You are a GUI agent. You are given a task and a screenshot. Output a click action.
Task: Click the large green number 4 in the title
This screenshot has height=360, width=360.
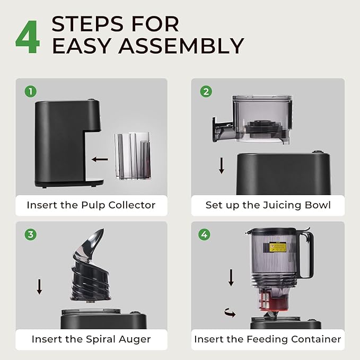point(28,37)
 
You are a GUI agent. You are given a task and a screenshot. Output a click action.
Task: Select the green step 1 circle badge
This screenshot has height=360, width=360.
point(31,92)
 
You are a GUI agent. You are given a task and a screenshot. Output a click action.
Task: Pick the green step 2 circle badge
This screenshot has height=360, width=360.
point(206,92)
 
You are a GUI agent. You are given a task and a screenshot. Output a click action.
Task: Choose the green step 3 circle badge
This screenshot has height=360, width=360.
point(31,235)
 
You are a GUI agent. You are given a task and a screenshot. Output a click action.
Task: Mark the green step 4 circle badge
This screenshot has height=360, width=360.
point(204,235)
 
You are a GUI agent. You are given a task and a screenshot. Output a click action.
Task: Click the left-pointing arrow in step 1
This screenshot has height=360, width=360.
point(100,160)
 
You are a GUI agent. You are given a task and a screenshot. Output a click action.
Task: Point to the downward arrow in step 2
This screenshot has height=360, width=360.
point(222,165)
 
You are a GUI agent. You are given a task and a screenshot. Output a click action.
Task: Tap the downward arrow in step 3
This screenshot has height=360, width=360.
point(39,287)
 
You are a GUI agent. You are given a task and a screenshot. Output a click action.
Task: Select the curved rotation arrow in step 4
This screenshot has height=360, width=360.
point(230,313)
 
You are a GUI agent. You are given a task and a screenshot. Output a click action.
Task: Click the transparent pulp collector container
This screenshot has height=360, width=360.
point(133,156)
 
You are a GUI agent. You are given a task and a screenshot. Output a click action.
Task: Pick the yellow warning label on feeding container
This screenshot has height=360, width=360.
point(278,248)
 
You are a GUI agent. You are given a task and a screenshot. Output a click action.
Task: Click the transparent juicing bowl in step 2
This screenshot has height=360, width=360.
point(253,119)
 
